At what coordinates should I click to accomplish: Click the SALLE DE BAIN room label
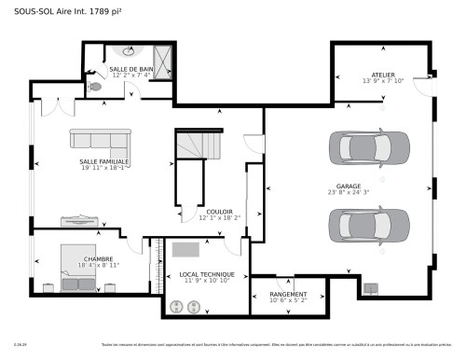click(x=131, y=69)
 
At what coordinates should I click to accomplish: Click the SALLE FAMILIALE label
click(x=104, y=161)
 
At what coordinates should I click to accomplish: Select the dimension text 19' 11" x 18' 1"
click(x=104, y=169)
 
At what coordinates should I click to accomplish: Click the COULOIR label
click(x=219, y=211)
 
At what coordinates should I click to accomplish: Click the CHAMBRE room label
click(x=99, y=258)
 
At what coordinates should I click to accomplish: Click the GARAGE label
click(x=349, y=186)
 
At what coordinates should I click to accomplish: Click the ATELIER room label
click(x=383, y=74)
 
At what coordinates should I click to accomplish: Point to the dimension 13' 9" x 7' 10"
click(x=383, y=81)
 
